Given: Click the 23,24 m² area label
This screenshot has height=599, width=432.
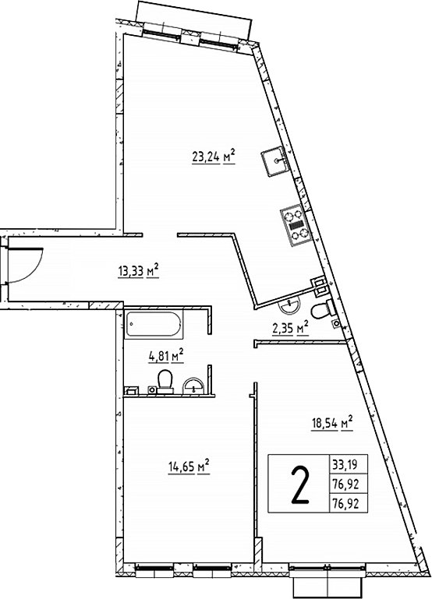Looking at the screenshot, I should point(213,155).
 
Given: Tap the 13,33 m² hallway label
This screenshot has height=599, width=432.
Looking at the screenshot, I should point(137,271).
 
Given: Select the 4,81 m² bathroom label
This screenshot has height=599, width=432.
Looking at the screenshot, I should point(165,357).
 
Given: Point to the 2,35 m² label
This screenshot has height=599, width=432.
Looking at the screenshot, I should point(289,329).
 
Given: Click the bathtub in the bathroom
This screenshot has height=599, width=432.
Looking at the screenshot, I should point(154,322).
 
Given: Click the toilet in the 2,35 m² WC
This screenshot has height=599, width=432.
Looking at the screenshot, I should point(320,311).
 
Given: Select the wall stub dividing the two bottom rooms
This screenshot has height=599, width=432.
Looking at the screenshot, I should point(253,467).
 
